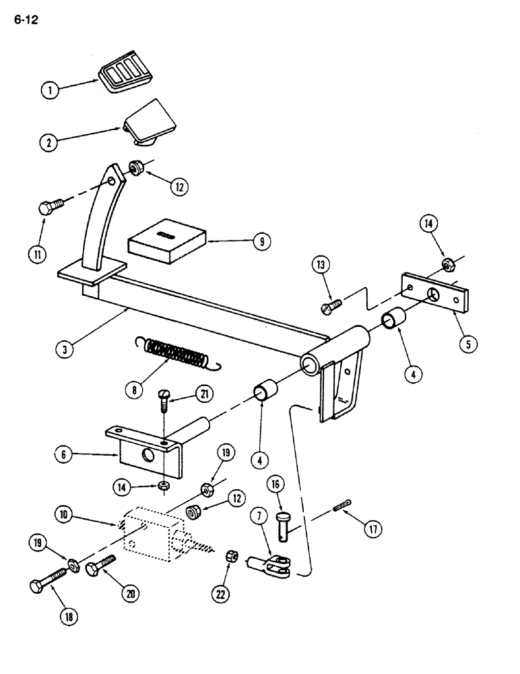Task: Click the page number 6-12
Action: pos(24,20)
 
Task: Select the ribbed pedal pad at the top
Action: pos(125,75)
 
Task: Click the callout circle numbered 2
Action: pos(47,142)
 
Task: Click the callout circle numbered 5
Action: pos(464,342)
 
